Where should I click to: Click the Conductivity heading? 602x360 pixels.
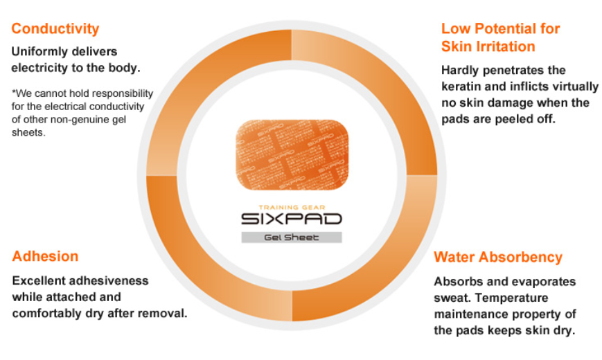click(x=55, y=29)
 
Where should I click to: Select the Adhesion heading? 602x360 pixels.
click(x=45, y=256)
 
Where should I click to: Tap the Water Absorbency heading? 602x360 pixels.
click(x=498, y=258)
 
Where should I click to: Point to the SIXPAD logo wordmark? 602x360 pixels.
click(x=292, y=219)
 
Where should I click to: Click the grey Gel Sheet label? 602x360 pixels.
click(x=292, y=237)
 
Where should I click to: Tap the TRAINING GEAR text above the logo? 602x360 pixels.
click(x=292, y=207)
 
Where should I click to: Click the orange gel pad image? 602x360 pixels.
click(x=292, y=154)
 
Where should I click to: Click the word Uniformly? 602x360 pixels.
click(x=37, y=51)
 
